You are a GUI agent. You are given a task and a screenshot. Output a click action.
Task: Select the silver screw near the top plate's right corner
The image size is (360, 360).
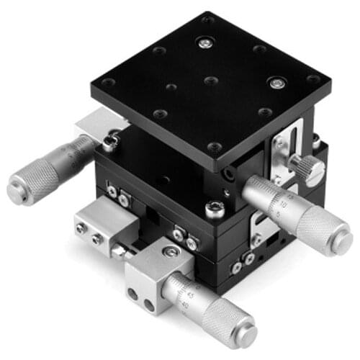pyautogui.click(x=275, y=83)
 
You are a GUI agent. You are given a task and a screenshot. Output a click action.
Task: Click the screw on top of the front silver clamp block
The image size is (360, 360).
pyautogui.click(x=170, y=251)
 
